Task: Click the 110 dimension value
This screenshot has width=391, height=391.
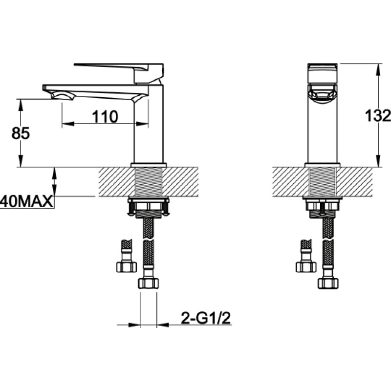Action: [x=105, y=117]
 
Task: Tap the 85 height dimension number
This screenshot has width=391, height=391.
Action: [x=21, y=133]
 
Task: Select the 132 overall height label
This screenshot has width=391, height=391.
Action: [x=377, y=115]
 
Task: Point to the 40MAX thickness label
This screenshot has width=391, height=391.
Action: [x=26, y=201]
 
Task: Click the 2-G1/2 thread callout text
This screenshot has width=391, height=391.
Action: [x=206, y=318]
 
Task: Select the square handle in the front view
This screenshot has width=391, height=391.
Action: [x=323, y=73]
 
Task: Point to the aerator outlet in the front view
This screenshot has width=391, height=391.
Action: [x=323, y=94]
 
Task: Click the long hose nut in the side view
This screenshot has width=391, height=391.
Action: [x=149, y=283]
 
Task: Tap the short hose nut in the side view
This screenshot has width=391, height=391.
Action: [x=127, y=267]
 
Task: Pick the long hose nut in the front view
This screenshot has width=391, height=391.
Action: [x=328, y=283]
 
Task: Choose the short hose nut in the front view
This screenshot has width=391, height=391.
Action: [x=306, y=267]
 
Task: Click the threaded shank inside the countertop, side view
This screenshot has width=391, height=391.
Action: [x=148, y=181]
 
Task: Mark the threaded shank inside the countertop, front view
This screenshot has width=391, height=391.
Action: [x=323, y=181]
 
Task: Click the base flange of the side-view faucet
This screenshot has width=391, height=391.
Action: [x=149, y=165]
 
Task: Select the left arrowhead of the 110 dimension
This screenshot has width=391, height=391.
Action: [x=67, y=124]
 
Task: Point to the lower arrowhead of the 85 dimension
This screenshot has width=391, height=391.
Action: [x=21, y=161]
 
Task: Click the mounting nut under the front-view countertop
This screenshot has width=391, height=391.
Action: [x=323, y=206]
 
